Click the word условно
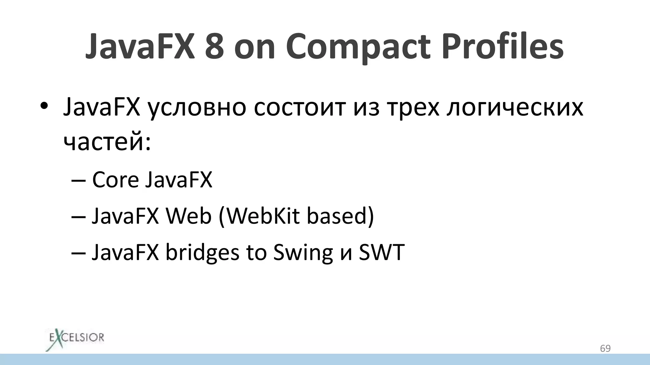[x=197, y=108]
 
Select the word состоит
[x=299, y=107]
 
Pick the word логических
[x=515, y=108]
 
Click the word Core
[x=116, y=180]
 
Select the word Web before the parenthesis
[x=189, y=216]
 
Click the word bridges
[x=202, y=253]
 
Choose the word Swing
[x=303, y=253]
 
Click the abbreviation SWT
[x=381, y=252]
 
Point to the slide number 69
[x=605, y=349]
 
